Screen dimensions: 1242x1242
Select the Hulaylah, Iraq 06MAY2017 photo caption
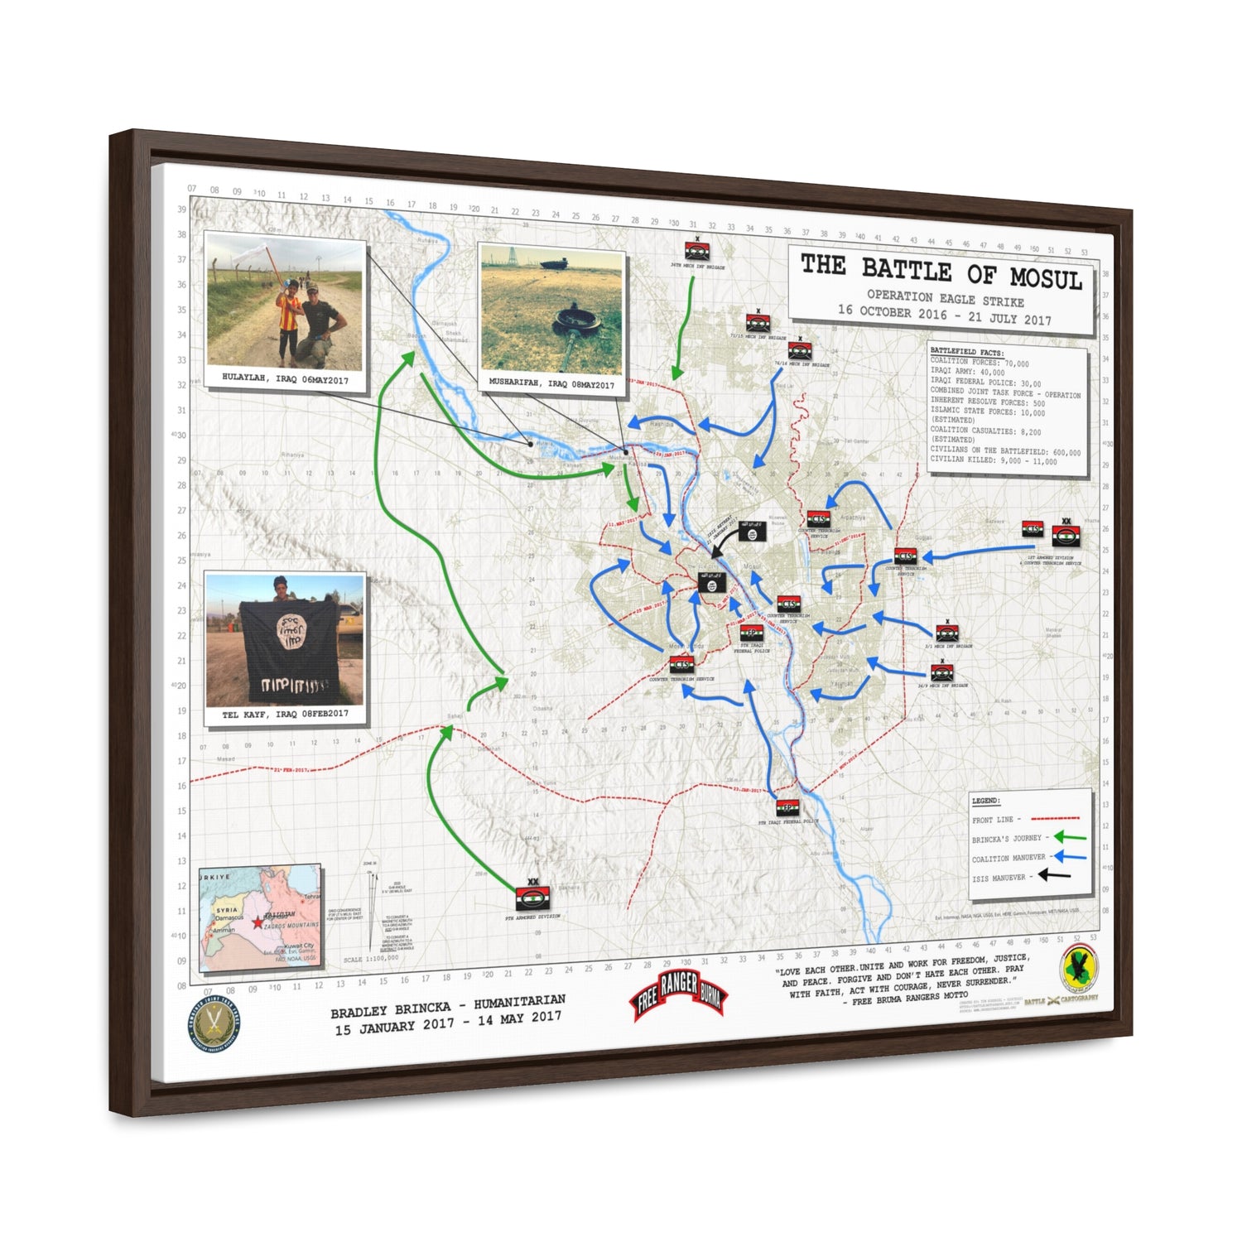click(x=285, y=378)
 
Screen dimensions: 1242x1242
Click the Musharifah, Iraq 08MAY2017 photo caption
click(x=551, y=383)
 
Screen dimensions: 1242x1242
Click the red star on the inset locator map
click(x=256, y=921)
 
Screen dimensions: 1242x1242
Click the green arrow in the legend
click(x=1069, y=837)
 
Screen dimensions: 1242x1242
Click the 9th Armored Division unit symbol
click(x=532, y=898)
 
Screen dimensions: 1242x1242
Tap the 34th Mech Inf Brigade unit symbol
click(x=696, y=251)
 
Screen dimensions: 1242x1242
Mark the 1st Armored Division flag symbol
click(x=1066, y=535)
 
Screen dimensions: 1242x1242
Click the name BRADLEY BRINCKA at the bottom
click(x=391, y=1011)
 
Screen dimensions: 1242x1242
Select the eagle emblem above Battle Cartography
click(x=1078, y=968)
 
